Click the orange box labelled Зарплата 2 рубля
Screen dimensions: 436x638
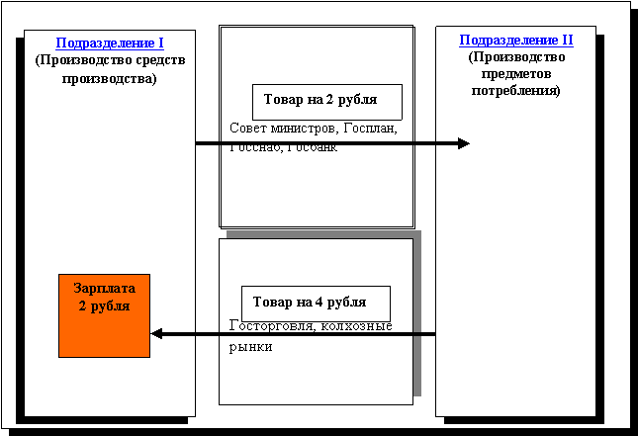tap(105, 314)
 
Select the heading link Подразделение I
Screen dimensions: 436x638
tap(110, 43)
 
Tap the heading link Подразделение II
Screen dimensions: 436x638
tap(515, 41)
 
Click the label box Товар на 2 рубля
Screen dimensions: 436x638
tap(327, 101)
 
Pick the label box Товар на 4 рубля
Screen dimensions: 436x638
tap(316, 303)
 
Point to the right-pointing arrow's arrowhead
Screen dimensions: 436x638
tap(463, 143)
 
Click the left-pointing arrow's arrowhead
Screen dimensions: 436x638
tap(157, 334)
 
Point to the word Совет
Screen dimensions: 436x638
tap(246, 128)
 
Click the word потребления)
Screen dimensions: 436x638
tap(515, 90)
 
